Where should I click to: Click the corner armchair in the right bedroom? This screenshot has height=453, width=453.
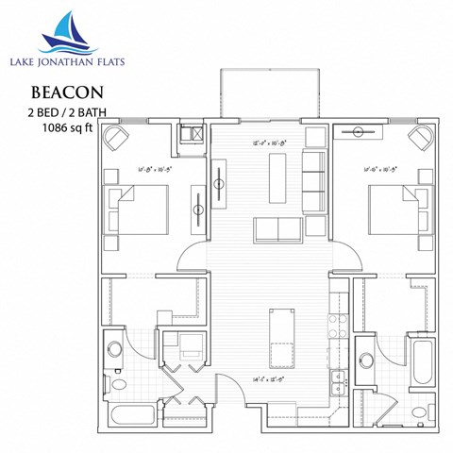pyautogui.click(x=418, y=138)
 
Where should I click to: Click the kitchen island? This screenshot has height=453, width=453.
pyautogui.click(x=279, y=338)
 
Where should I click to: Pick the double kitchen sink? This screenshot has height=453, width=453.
pyautogui.click(x=337, y=382)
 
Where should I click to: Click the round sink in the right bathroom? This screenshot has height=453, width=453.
pyautogui.click(x=366, y=359)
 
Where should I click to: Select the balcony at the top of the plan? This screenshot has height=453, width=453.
pyautogui.click(x=268, y=93)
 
